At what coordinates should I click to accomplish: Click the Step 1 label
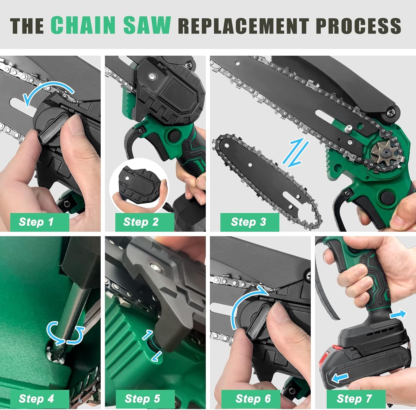36,222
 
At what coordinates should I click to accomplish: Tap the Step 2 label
141,222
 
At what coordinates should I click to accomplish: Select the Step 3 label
248,222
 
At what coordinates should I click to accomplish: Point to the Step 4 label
36,399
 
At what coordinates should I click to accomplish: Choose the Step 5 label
143,399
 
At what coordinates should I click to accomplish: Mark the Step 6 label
253,399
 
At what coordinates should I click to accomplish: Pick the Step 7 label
354,399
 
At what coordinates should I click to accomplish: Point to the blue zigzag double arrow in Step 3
296,154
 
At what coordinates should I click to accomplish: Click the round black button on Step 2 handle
174,135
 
